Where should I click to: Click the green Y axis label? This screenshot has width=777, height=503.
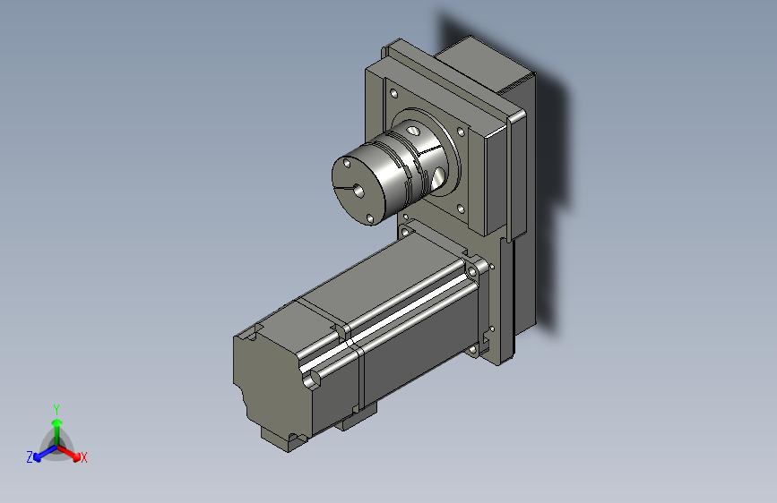pos(56,410)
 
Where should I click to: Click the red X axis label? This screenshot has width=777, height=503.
pos(83,457)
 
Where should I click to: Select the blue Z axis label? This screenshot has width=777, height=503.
pos(30,457)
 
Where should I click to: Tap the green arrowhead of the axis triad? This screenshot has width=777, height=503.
pos(57,423)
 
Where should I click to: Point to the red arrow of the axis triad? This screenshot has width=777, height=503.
pos(69,453)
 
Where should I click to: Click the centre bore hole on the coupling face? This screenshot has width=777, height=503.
pos(358,189)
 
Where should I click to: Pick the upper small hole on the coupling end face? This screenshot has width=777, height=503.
pos(347,162)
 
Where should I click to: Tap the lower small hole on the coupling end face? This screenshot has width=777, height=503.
pos(369,217)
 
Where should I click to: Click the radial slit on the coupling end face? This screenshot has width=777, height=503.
pos(343,188)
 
